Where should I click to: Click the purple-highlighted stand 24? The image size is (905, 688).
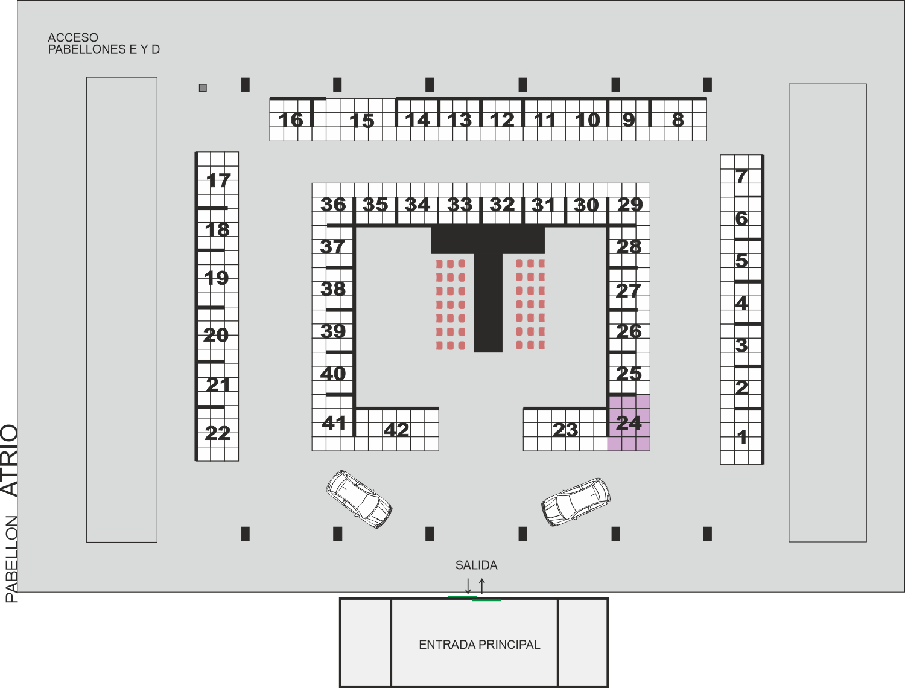coord(629,422)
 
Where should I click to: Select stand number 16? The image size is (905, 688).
coord(291,119)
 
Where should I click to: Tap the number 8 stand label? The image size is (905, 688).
coord(678,120)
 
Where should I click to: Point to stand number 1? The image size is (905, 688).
coord(741,436)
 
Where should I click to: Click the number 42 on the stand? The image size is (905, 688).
coord(396,430)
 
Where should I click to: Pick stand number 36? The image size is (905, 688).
coord(333,205)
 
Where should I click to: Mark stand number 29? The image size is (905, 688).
coord(630,205)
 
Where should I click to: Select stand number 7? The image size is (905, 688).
coord(741,176)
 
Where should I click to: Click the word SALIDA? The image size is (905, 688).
coord(476,565)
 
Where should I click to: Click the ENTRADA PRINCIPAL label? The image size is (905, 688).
coord(480,645)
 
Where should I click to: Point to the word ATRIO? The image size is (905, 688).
coord(10,460)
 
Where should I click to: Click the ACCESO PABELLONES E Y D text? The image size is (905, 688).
coord(104,43)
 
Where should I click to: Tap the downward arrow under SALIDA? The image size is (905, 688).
coord(468,586)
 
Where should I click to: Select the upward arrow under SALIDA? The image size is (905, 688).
coord(481,586)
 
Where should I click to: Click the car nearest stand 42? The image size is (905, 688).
coord(359,499)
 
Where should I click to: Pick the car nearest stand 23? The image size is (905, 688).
coord(576,502)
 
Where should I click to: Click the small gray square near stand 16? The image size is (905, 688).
coord(203,88)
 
